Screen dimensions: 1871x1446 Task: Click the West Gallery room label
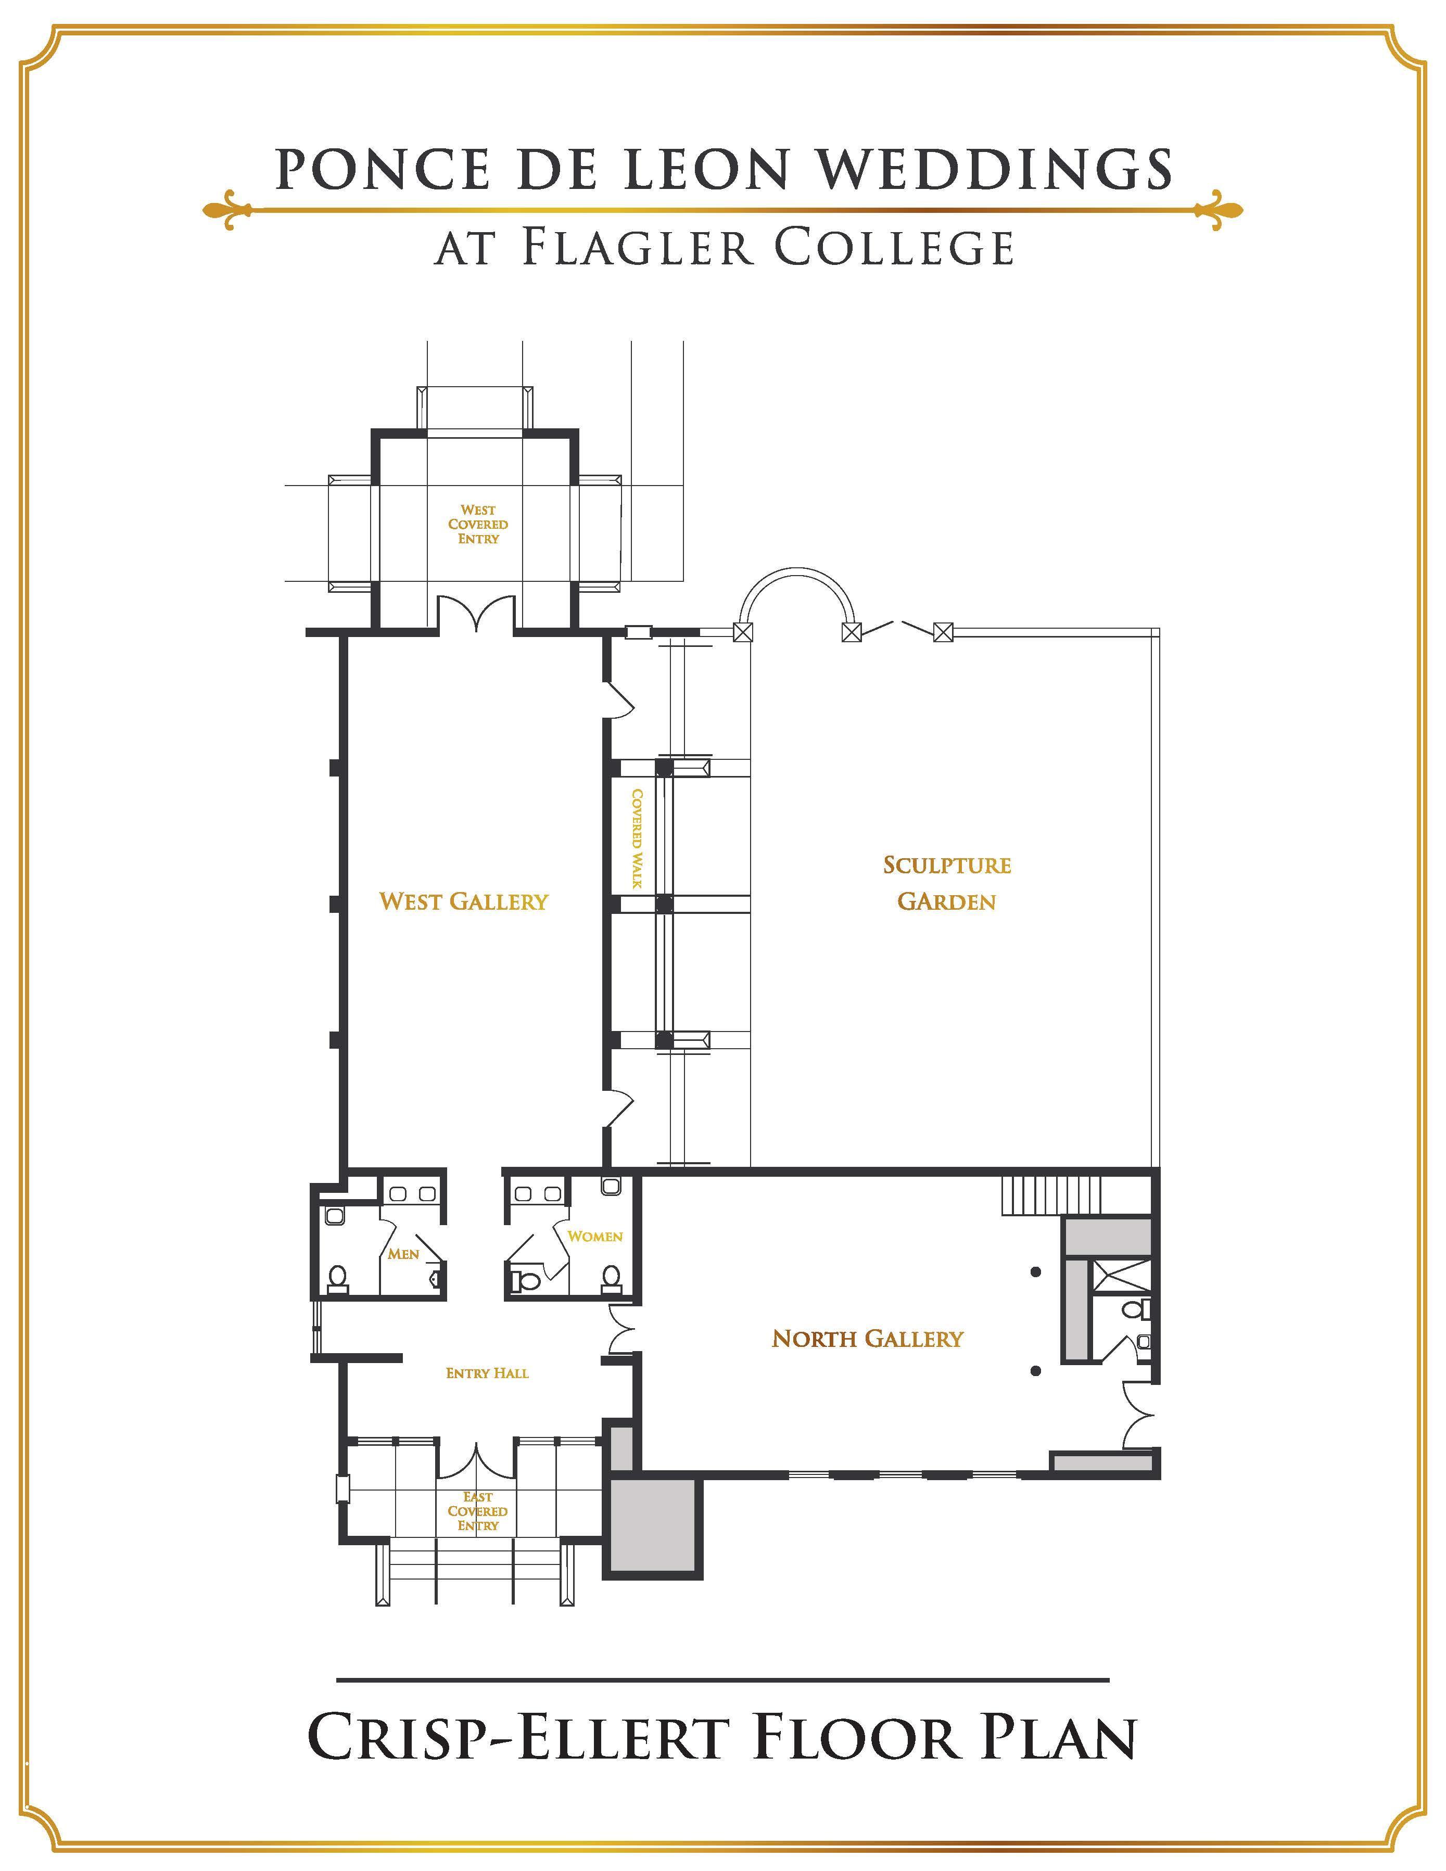tap(463, 901)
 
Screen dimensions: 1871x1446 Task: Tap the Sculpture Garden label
tap(947, 883)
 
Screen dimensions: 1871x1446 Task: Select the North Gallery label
tap(867, 1338)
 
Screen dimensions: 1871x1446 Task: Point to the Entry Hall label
tap(487, 1373)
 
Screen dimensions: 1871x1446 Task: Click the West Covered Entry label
tap(478, 524)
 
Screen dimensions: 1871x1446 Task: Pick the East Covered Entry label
tap(477, 1511)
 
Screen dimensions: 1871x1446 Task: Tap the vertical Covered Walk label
tap(637, 838)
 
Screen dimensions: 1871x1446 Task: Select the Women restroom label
tap(594, 1236)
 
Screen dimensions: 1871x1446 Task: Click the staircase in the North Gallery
tap(1050, 1195)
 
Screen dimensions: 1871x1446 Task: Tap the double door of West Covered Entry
tap(476, 615)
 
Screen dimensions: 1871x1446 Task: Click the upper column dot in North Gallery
tap(1036, 1272)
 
